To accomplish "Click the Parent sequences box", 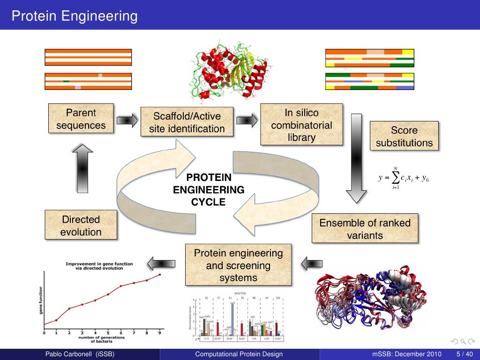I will click(81, 119).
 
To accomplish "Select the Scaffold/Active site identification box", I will click(187, 122).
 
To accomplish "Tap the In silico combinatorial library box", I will click(301, 125).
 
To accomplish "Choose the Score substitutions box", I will click(404, 136).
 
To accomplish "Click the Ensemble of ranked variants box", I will click(365, 229).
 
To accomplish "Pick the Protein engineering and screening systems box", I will click(238, 265).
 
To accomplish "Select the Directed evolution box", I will click(81, 225).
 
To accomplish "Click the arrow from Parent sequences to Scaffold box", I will click(127, 120).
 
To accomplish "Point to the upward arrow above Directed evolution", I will click(82, 168).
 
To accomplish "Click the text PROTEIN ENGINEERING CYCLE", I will click(209, 190).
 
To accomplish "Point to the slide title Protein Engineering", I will click(75, 16).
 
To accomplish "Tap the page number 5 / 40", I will click(464, 354).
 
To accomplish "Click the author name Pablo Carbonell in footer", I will click(79, 354).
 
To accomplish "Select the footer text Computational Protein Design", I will click(239, 354).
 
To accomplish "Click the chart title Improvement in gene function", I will click(99, 266).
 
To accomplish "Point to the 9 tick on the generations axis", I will click(160, 333).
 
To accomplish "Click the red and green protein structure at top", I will click(228, 73).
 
